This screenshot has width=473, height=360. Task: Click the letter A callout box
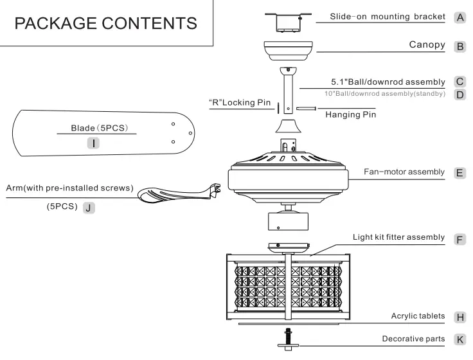pos(460,17)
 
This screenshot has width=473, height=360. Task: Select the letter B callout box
pos(460,46)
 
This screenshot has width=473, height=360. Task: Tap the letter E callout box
pos(460,173)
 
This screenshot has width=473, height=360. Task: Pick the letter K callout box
pos(460,339)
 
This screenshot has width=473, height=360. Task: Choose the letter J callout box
pos(89,208)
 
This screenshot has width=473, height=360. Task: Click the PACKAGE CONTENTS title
pos(106,24)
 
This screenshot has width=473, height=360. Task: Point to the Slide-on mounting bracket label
pos(387,16)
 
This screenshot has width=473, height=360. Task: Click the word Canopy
pos(427,45)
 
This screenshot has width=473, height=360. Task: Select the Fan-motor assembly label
pos(404,172)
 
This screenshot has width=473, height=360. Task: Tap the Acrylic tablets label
pos(418,316)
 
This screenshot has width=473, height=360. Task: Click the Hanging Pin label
pos(350,114)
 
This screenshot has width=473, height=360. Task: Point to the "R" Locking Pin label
pos(236,102)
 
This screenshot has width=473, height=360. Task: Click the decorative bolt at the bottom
pos(289,338)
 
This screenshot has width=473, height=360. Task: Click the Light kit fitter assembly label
pos(398,237)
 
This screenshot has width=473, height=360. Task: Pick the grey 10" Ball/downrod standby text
pos(384,94)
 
